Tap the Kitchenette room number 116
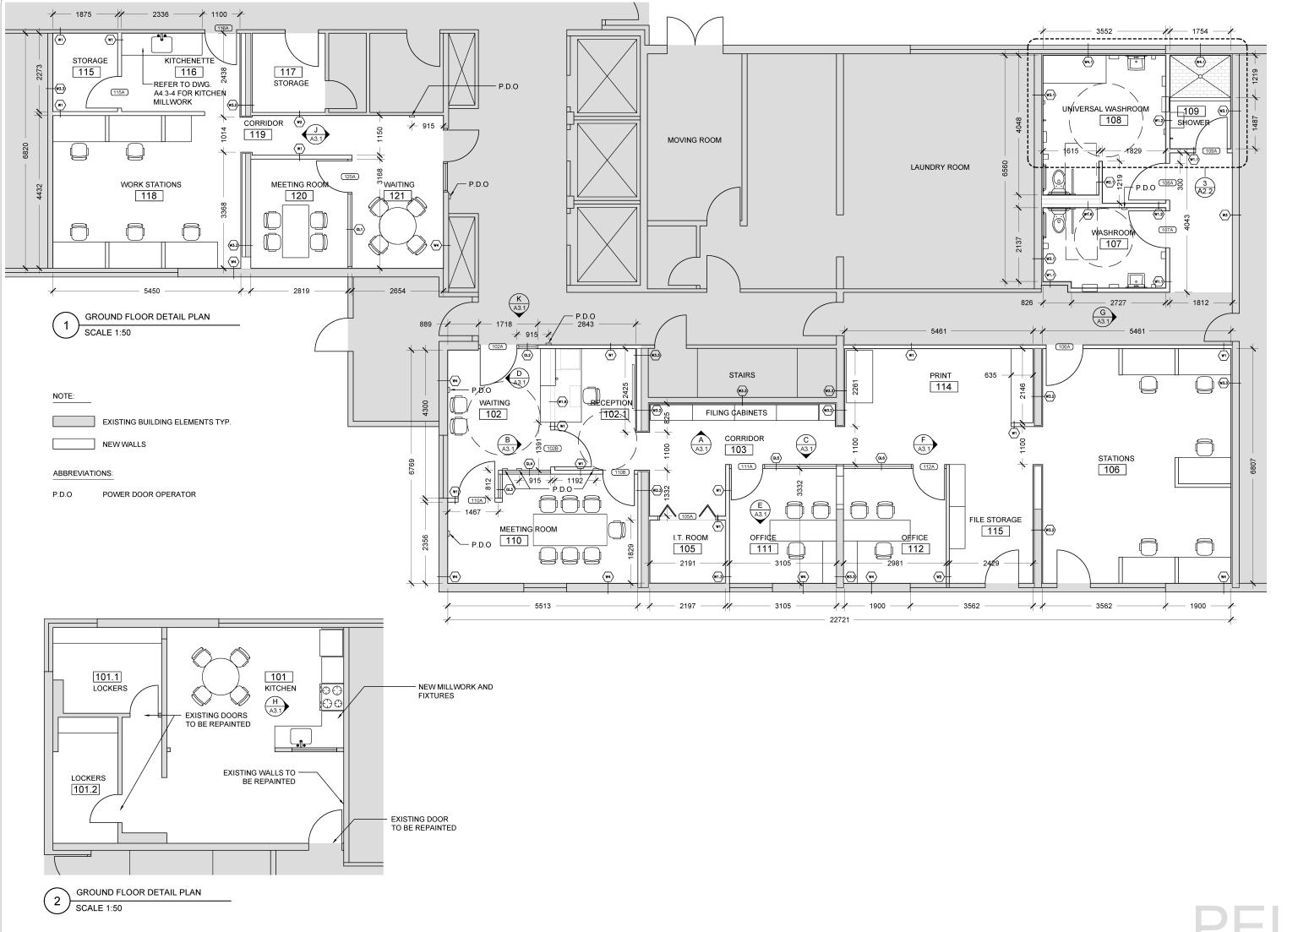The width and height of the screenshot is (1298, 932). pos(188,73)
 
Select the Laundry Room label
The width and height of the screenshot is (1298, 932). pos(940,167)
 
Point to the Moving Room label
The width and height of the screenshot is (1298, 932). pos(695,140)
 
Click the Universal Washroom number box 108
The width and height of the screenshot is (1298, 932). pos(1113,121)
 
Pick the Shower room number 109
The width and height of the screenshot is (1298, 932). pos(1191,112)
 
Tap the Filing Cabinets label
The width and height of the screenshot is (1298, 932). pos(736,413)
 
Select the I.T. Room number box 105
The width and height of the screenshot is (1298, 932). pos(688,549)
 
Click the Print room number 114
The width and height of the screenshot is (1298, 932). pos(943,387)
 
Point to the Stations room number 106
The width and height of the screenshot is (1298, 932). pos(1112,470)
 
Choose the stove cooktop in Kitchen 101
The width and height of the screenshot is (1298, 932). pos(330,696)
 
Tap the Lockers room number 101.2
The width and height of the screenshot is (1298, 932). pos(86,789)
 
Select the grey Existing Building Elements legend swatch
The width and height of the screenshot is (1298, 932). pos(74,422)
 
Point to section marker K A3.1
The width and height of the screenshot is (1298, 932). pos(520,303)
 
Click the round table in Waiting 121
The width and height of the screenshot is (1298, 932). pos(397,222)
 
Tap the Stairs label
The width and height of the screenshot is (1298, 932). pos(741,375)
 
